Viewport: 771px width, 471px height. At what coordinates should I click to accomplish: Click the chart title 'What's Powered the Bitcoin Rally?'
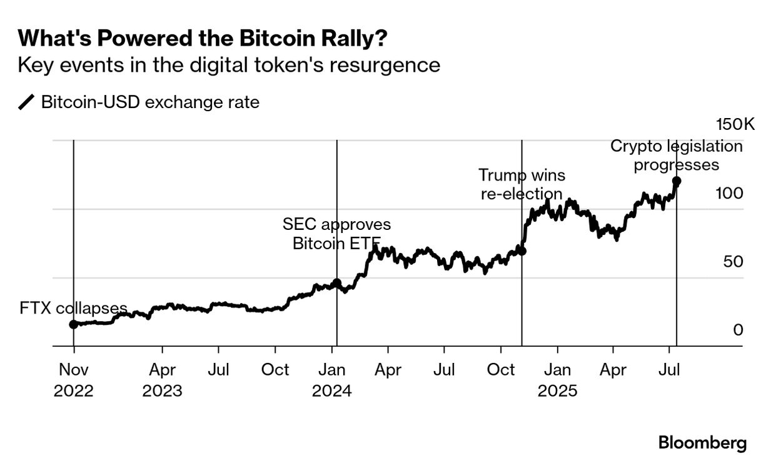[x=202, y=39]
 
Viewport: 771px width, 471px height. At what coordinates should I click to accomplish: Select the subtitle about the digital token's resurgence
[x=229, y=66]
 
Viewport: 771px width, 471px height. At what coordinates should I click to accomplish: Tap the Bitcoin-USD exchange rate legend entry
[x=139, y=102]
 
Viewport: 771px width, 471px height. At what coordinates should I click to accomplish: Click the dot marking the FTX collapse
[x=73, y=324]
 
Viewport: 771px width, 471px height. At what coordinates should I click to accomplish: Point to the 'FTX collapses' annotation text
[x=73, y=309]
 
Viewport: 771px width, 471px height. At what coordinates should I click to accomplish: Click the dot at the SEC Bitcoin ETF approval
[x=336, y=283]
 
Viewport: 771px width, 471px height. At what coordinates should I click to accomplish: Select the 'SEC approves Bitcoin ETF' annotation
[x=336, y=234]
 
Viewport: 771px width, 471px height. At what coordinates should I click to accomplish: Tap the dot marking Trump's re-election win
[x=522, y=251]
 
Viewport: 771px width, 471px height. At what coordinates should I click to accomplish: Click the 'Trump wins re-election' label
[x=522, y=184]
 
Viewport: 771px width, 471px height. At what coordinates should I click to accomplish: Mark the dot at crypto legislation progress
[x=677, y=181]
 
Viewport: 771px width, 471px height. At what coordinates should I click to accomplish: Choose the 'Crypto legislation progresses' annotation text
[x=677, y=156]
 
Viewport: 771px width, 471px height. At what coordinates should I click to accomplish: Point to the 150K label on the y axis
[x=735, y=124]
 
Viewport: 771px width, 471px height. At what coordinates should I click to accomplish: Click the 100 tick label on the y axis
[x=729, y=194]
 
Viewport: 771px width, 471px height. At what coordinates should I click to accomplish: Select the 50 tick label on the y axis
[x=733, y=262]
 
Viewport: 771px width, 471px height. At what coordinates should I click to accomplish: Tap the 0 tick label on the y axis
[x=738, y=330]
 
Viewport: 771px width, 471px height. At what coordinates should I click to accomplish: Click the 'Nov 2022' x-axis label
[x=74, y=380]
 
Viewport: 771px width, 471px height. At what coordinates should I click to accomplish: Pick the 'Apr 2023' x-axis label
[x=162, y=380]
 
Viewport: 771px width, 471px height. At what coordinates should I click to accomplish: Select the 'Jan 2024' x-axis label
[x=332, y=380]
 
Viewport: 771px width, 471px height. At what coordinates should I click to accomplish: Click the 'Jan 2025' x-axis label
[x=557, y=380]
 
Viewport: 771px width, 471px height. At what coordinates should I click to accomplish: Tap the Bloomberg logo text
[x=702, y=444]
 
